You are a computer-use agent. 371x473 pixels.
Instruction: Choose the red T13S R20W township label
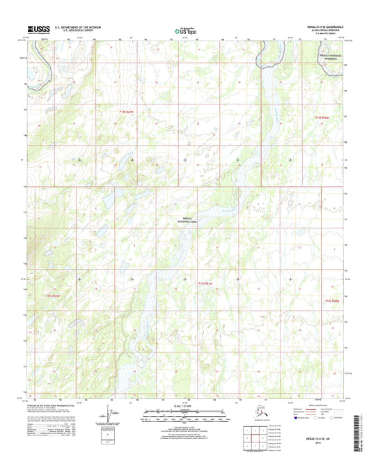point(332,300)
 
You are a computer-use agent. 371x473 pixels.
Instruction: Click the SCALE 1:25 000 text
point(184,405)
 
